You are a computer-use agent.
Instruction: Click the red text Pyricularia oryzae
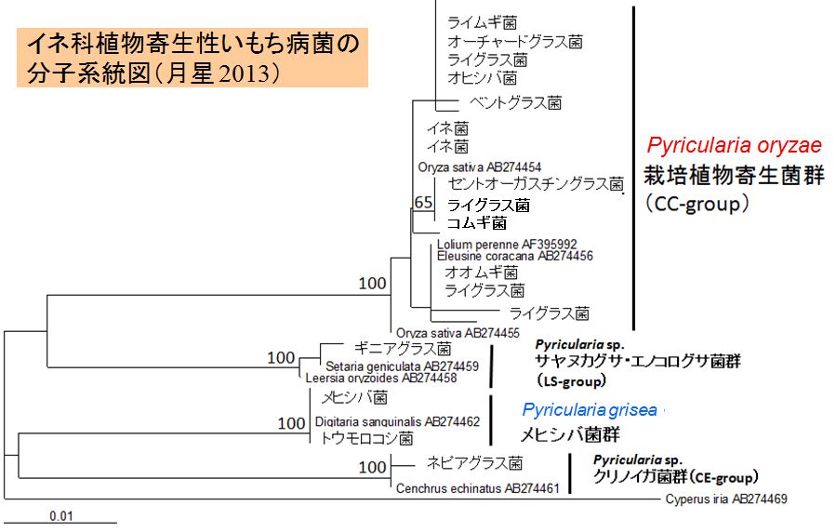734,145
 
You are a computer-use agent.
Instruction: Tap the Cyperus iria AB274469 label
725,499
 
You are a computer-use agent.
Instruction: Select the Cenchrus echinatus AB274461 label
477,486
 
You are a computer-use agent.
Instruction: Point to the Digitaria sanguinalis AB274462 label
400,421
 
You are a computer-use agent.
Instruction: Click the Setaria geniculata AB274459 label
402,366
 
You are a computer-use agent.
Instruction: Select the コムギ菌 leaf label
476,223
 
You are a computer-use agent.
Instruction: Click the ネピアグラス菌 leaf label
474,462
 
